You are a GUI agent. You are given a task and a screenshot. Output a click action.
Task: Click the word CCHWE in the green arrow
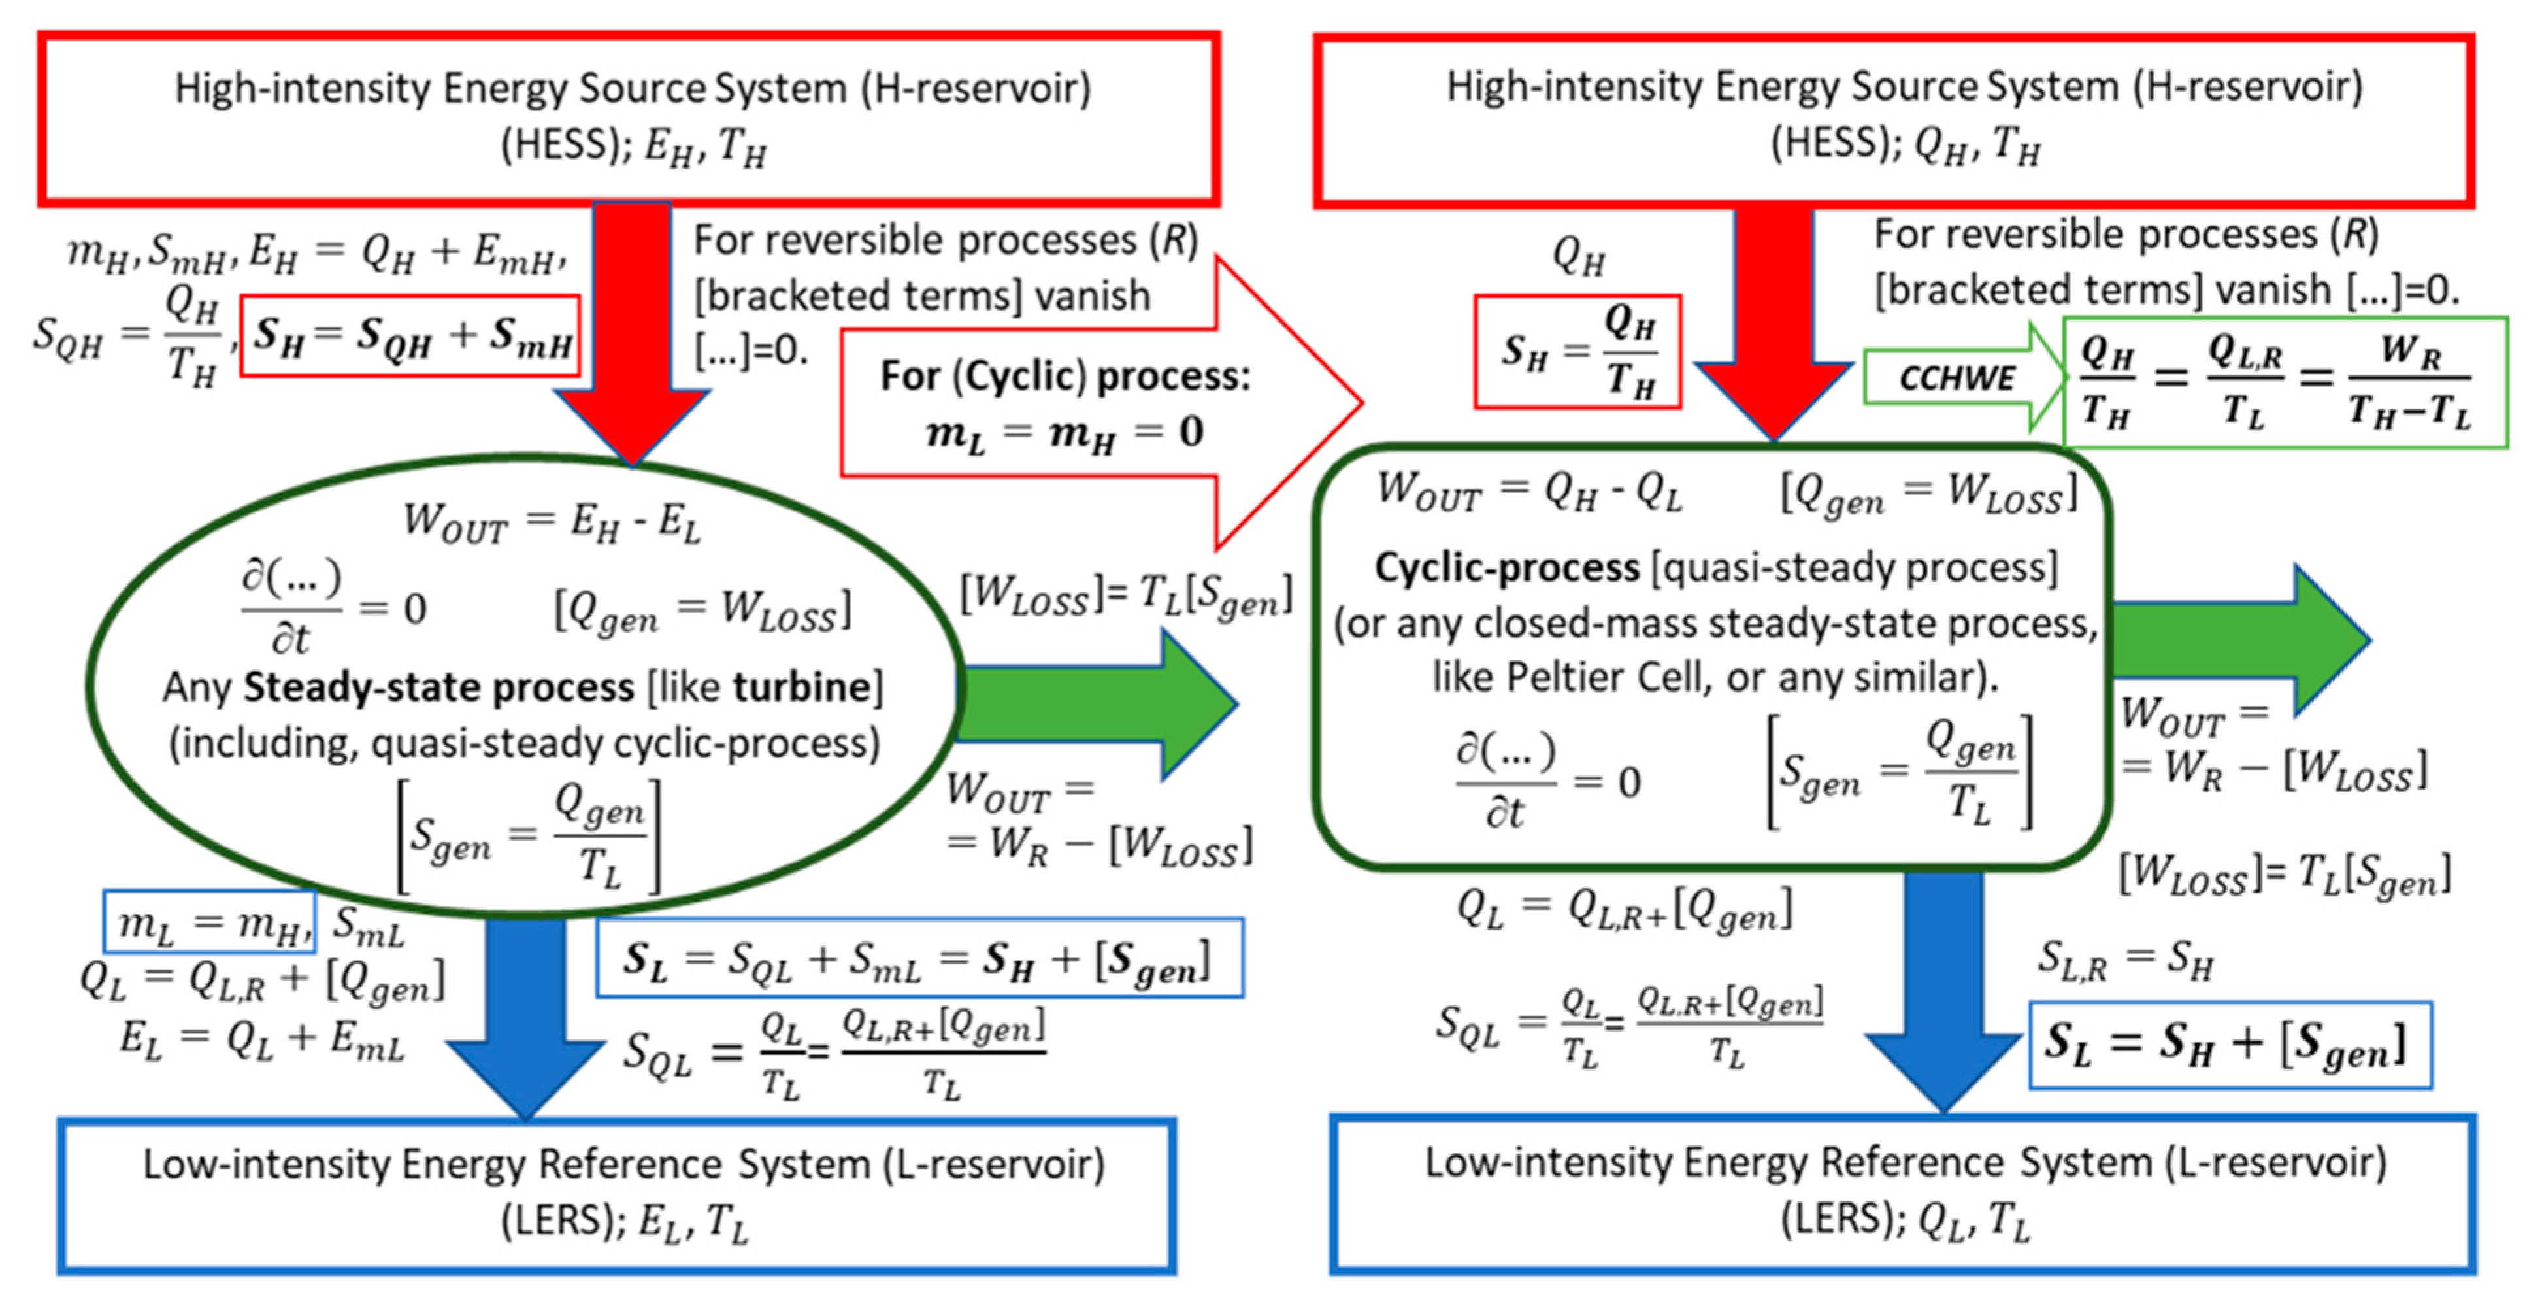[x=1957, y=377]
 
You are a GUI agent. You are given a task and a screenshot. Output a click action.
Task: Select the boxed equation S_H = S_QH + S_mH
[x=410, y=335]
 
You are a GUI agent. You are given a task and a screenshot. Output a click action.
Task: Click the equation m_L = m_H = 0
[x=1065, y=432]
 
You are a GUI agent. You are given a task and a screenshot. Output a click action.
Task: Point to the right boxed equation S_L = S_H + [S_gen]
[x=2229, y=1045]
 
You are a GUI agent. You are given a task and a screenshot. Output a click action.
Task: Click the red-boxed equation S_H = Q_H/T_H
[x=1577, y=352]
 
